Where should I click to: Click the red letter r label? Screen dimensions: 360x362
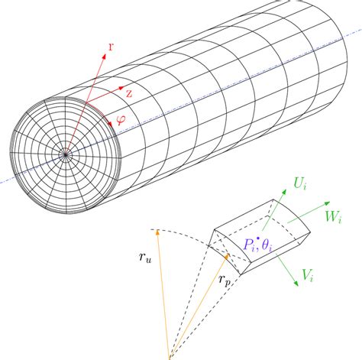pos(112,47)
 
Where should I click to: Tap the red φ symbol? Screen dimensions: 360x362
pos(120,119)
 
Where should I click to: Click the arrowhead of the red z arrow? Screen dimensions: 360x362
pos(121,88)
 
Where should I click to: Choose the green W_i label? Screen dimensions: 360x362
pos(339,218)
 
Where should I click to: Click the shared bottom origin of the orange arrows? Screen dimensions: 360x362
pos(170,353)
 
